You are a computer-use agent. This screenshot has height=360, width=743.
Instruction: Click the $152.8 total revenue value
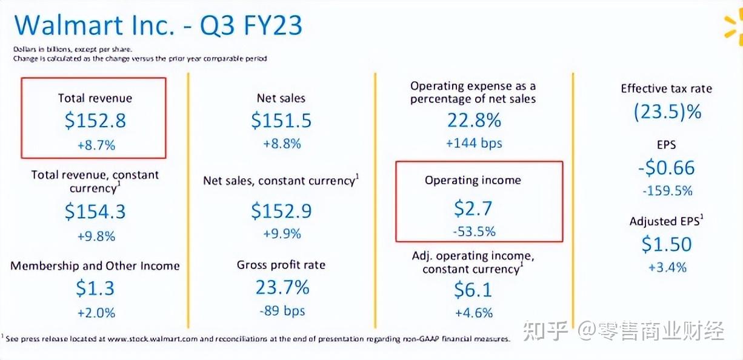[x=95, y=121]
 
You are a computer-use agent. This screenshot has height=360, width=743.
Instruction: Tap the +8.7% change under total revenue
[x=95, y=145]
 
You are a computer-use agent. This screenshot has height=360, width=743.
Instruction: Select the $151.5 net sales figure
[x=281, y=121]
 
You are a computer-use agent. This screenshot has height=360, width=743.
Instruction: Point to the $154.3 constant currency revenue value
[x=95, y=212]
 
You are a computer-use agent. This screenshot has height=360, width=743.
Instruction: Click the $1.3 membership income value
[x=95, y=288]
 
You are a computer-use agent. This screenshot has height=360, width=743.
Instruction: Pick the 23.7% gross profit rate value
[x=282, y=287]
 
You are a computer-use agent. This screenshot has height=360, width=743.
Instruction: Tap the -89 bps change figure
[x=281, y=312]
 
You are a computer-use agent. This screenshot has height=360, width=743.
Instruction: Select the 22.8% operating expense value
[x=474, y=120]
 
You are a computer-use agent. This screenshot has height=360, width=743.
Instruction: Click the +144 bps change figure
[x=474, y=144]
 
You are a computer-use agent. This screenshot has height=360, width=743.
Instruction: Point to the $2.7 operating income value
[x=473, y=208]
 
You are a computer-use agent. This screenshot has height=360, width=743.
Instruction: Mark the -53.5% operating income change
[x=473, y=232]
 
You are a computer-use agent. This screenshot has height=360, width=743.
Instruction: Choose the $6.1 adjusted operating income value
[x=473, y=290]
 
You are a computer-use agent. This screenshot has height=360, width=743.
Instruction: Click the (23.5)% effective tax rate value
[x=667, y=112]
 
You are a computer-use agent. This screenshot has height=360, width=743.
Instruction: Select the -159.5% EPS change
[x=667, y=191]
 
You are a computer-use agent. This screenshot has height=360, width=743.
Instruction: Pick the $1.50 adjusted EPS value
[x=667, y=244]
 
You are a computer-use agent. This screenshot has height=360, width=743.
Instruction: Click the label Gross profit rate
[x=281, y=265]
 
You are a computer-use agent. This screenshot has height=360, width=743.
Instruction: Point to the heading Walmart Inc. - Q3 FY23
[x=158, y=26]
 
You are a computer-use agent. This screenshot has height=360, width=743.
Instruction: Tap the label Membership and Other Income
[x=95, y=266]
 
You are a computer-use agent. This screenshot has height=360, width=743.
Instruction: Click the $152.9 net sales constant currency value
[x=281, y=211]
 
